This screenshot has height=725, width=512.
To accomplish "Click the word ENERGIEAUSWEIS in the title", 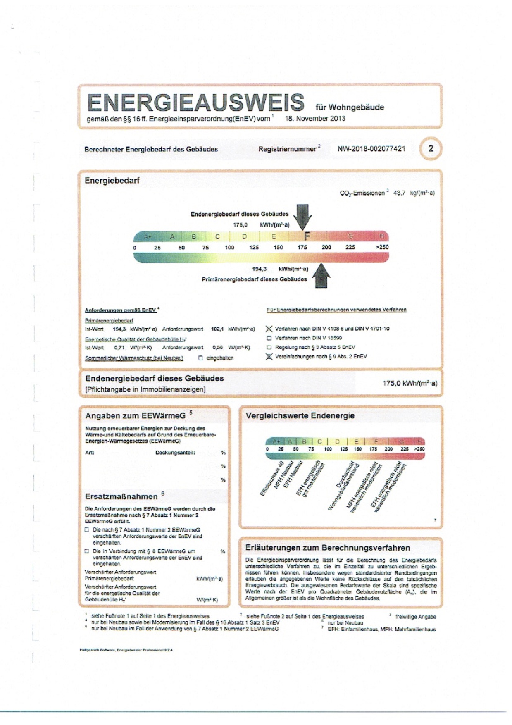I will [x=195, y=103].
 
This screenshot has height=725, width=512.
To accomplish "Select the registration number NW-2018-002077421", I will [x=371, y=149].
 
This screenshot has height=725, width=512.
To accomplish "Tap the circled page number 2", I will [x=431, y=148].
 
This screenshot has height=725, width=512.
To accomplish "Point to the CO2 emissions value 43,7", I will [x=399, y=193].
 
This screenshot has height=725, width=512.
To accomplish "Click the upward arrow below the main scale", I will [x=321, y=276].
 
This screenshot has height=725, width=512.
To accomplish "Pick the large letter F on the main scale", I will [x=307, y=236].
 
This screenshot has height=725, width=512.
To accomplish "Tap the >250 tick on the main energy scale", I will [x=382, y=247].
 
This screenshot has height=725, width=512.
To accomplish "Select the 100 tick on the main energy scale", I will [x=229, y=248].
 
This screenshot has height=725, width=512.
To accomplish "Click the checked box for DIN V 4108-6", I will [x=269, y=329].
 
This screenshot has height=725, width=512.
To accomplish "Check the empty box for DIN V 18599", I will [x=269, y=338].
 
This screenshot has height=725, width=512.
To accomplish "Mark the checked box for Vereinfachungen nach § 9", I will [x=269, y=356].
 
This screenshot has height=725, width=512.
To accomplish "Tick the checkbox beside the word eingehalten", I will [x=201, y=358].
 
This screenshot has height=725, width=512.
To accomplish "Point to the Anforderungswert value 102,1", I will [x=217, y=329].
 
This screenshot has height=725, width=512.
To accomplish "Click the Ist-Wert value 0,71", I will [x=119, y=348].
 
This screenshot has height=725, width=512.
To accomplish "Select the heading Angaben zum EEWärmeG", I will [x=135, y=416].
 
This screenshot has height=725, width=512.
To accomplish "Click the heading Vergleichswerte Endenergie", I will [x=300, y=416].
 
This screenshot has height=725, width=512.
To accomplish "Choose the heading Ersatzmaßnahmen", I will [x=121, y=496].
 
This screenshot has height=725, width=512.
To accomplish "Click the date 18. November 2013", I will [x=315, y=119].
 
